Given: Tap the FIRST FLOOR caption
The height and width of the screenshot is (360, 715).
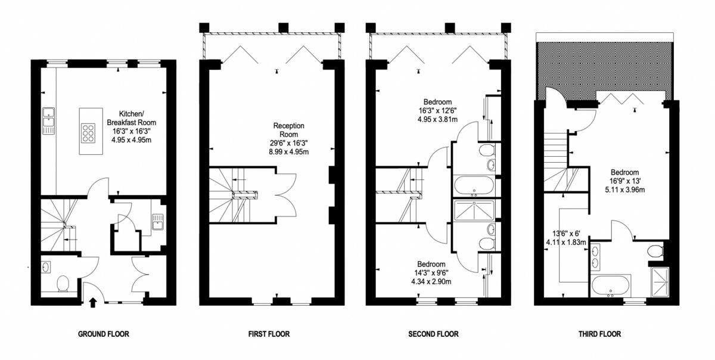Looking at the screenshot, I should click(x=269, y=334).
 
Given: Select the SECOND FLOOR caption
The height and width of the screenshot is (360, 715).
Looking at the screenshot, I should click(x=433, y=334).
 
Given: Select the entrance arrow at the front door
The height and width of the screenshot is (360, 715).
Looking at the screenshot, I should click(x=92, y=303).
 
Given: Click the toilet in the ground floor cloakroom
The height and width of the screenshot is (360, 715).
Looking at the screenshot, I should click(x=61, y=283).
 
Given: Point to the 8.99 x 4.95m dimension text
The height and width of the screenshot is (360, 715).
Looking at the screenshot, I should click(x=289, y=152).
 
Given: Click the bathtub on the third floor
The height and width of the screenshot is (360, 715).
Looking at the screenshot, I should click(x=611, y=287).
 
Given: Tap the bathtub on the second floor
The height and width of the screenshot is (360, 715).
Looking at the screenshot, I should click(x=474, y=185).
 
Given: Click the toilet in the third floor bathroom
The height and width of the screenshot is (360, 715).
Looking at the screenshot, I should click(x=657, y=251).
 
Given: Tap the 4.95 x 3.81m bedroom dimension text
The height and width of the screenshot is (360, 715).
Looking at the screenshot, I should click(x=438, y=119).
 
